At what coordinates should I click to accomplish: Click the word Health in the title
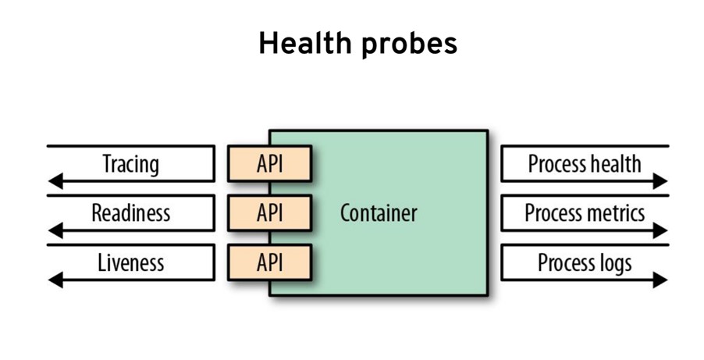pos(305,45)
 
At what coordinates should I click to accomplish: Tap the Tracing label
pos(130,164)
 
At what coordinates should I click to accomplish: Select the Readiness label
pos(130,212)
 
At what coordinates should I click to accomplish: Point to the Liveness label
pos(130,262)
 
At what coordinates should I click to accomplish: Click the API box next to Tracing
pos(270,164)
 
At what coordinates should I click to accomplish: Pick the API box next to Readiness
pos(270,213)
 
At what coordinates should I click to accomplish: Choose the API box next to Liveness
pos(270,262)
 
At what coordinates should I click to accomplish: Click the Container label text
pos(379,212)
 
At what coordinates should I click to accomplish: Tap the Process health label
pos(585,164)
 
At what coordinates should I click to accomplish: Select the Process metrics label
pos(585,212)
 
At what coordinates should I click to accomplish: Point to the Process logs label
pos(585,262)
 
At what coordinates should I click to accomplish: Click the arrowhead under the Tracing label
pos(55,182)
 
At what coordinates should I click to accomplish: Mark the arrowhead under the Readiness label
pos(55,231)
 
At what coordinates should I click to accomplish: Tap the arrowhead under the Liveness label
pos(55,280)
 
